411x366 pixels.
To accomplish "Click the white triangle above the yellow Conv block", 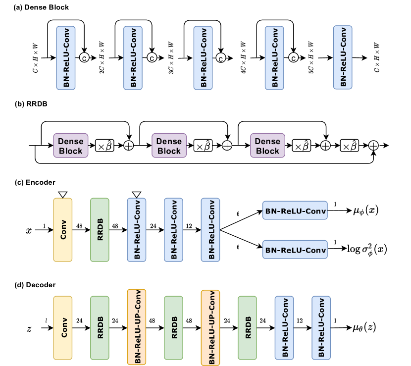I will [62, 194].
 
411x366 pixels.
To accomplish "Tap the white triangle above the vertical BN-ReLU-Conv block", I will [137, 194].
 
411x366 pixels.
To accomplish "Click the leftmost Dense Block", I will [71, 146].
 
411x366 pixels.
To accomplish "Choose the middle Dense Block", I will [169, 146].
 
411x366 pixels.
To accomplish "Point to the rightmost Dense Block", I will [268, 146].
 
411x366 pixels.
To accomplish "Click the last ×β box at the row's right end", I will [350, 146].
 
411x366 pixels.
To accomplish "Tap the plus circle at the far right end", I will [374, 146].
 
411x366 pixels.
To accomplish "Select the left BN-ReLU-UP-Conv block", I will [137, 327].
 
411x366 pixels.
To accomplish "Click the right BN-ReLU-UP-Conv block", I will [210, 327].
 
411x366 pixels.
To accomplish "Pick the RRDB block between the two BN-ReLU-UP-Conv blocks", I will [174, 327].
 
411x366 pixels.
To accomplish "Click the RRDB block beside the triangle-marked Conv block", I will [100, 229].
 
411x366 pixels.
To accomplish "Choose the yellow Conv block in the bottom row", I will [63, 327].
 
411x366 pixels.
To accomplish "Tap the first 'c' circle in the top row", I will [84, 58].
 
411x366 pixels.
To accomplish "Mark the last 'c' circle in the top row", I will [294, 58].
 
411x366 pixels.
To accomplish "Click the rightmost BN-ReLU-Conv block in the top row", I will [343, 57].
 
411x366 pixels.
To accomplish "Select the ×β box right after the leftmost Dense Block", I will [104, 146].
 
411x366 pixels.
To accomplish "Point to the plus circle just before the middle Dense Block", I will [129, 146].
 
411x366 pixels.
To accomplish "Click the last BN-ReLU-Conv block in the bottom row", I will [321, 327].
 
